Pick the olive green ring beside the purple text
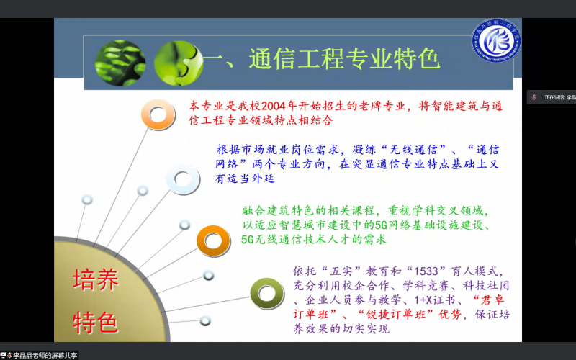264,291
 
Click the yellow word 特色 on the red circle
95,322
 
